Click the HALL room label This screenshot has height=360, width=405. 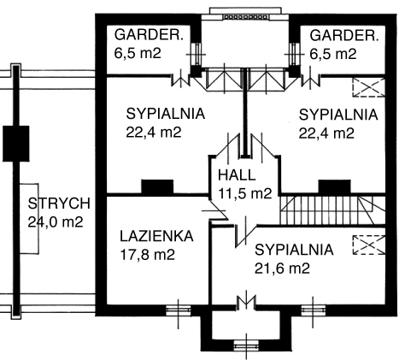tap(237, 175)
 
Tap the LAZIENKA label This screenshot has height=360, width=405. tap(156, 236)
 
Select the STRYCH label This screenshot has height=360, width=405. tap(59, 204)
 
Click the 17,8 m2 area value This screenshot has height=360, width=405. tap(147, 255)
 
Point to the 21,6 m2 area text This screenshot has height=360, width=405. tap(282, 269)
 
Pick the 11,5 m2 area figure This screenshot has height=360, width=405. tap(245, 194)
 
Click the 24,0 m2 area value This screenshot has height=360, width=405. tap(56, 221)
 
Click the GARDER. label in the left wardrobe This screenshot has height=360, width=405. tap(149, 35)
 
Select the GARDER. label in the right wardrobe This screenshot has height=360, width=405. tap(344, 36)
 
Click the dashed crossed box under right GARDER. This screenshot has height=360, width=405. tap(369, 87)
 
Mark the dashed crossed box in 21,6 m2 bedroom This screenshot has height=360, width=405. tap(369, 245)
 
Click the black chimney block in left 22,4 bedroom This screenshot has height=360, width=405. tap(157, 187)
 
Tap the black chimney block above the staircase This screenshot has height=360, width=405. tap(334, 187)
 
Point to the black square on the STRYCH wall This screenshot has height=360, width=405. tap(16, 144)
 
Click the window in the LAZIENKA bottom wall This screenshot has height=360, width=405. tap(179, 310)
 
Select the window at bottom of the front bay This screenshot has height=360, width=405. tap(246, 345)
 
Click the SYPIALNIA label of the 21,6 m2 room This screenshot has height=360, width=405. tap(294, 250)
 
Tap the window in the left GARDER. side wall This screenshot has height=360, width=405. tap(196, 54)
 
